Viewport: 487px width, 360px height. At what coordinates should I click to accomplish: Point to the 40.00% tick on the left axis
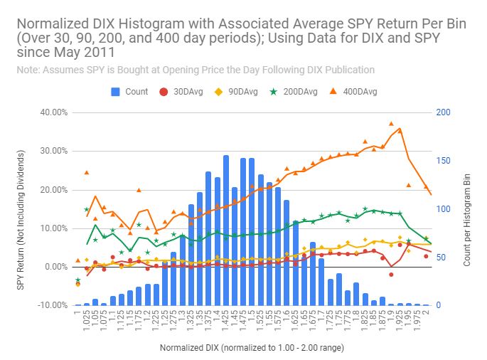click(54, 112)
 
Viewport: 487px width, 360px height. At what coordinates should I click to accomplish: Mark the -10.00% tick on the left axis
click(54, 305)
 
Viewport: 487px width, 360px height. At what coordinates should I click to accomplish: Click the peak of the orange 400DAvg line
click(400, 129)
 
